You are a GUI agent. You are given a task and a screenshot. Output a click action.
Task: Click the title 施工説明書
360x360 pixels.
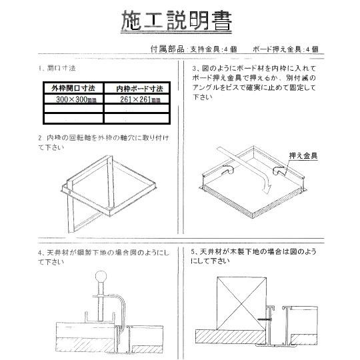pyautogui.click(x=177, y=22)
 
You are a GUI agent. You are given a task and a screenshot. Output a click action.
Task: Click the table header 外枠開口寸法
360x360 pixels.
pyautogui.click(x=73, y=88)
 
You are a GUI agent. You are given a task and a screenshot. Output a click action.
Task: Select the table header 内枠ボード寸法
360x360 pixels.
pyautogui.click(x=137, y=88)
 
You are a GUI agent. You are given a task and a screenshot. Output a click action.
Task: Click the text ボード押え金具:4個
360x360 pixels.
pyautogui.click(x=287, y=49)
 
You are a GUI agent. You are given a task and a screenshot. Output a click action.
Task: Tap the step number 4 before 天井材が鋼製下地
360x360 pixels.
pyautogui.click(x=41, y=253)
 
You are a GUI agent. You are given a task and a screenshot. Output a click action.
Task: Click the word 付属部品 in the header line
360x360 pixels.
pyautogui.click(x=163, y=49)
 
